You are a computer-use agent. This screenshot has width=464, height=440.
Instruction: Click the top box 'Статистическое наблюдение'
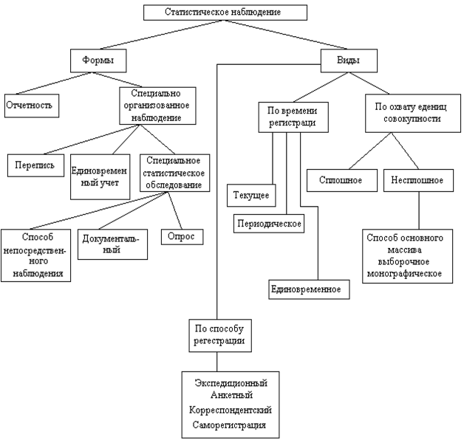tap(225, 13)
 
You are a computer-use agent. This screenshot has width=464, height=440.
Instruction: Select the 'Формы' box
tap(98, 61)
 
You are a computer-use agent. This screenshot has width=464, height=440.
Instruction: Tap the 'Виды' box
tap(349, 61)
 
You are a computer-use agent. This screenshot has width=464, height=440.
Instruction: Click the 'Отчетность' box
tap(32, 106)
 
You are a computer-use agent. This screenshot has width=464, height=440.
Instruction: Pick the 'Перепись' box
tap(35, 165)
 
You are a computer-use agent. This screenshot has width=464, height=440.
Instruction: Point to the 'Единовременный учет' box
tap(100, 176)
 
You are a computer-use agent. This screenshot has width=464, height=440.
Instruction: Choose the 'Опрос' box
tap(182, 236)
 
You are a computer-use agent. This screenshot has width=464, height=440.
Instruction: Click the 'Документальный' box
tap(112, 244)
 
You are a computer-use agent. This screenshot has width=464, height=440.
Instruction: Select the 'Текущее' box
tap(251, 195)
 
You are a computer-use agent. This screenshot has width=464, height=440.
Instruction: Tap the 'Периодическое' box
tap(269, 224)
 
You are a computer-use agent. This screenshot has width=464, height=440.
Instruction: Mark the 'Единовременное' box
tap(309, 289)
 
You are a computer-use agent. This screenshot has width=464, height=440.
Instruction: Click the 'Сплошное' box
tap(342, 180)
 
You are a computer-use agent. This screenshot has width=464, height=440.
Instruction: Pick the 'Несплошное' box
tap(418, 180)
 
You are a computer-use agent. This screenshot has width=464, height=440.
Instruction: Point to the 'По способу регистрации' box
tap(220, 335)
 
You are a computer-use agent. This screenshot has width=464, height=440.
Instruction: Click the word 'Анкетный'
tap(231, 395)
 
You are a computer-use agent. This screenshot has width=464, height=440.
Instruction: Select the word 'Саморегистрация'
tap(229, 425)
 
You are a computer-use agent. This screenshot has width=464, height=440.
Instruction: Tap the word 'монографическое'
tap(404, 273)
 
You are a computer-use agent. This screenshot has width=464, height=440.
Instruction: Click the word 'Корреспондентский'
tap(231, 410)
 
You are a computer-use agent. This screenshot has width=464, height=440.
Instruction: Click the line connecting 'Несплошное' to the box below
tap(419, 210)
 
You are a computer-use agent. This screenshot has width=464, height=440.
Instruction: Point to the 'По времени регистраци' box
tap(293, 117)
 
